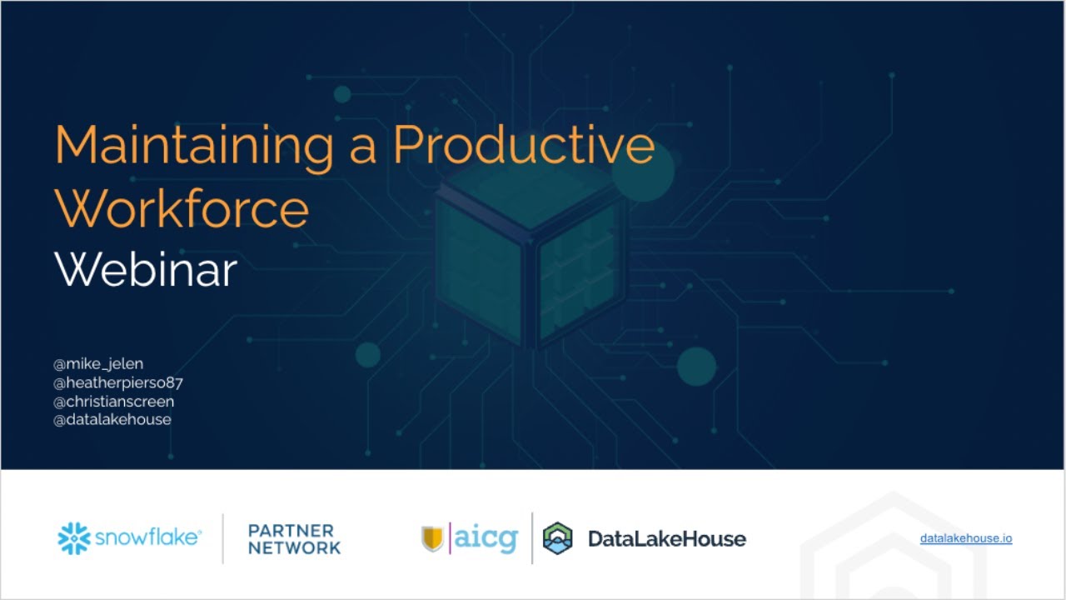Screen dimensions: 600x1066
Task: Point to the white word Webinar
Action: pyautogui.click(x=146, y=270)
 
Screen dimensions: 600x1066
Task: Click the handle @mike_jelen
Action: pyautogui.click(x=98, y=364)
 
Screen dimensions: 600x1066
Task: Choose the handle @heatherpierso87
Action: pyautogui.click(x=117, y=383)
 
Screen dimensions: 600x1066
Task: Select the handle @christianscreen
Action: pyautogui.click(x=114, y=402)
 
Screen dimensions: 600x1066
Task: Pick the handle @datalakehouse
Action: pyautogui.click(x=112, y=420)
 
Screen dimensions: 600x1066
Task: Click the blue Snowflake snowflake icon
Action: pyautogui.click(x=73, y=538)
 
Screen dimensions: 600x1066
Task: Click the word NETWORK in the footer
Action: pyautogui.click(x=294, y=548)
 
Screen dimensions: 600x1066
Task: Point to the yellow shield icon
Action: pyautogui.click(x=432, y=538)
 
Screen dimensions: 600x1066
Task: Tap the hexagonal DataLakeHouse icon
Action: pyautogui.click(x=558, y=538)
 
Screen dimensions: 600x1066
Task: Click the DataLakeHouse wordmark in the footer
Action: pyautogui.click(x=666, y=538)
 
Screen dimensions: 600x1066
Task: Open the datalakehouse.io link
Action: pyautogui.click(x=966, y=538)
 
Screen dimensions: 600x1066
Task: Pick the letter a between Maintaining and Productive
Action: pyautogui.click(x=361, y=147)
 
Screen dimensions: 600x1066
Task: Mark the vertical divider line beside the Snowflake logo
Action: pyautogui.click(x=223, y=538)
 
